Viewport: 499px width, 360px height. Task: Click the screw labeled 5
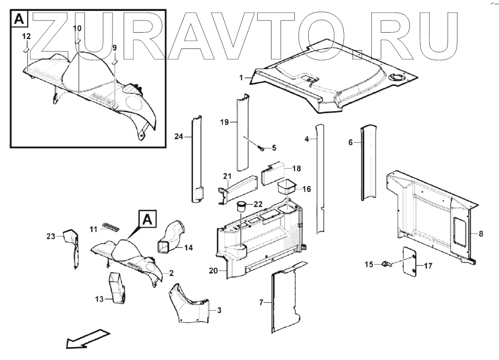tap(261, 147)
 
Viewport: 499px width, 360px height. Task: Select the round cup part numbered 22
tap(241, 206)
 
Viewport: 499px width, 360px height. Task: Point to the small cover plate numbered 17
tap(409, 260)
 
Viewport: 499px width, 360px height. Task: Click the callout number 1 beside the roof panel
tap(241, 78)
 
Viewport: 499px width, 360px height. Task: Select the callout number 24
tap(179, 136)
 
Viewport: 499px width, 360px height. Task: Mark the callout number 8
tap(481, 234)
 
